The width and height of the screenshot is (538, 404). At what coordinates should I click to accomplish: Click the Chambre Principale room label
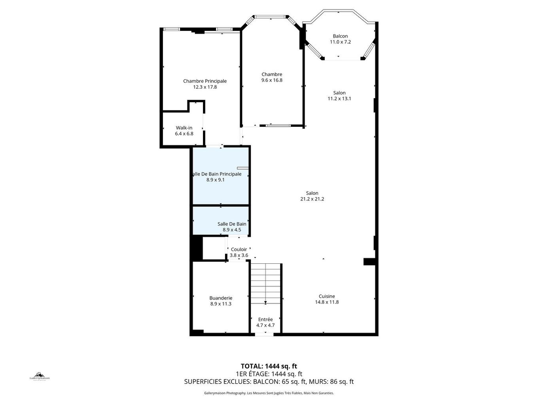click(x=205, y=81)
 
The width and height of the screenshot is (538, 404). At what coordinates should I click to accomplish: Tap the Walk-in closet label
click(x=184, y=128)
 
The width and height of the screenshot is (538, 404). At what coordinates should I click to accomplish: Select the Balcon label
click(x=340, y=36)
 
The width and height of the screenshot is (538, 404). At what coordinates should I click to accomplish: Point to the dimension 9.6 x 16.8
click(x=272, y=80)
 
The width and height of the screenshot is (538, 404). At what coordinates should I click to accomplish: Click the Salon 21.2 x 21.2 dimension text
click(x=312, y=199)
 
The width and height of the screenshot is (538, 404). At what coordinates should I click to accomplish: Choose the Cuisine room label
click(x=327, y=296)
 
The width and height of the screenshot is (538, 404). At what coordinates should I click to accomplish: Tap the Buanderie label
click(x=221, y=298)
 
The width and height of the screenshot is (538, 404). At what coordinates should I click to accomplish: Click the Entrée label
click(x=265, y=320)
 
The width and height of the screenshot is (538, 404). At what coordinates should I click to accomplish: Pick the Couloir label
click(x=239, y=250)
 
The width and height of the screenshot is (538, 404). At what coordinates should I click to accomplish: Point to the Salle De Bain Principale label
click(x=216, y=174)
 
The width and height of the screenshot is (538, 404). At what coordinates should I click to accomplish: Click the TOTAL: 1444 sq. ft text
click(x=269, y=366)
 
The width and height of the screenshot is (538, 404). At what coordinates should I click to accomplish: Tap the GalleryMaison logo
click(x=40, y=376)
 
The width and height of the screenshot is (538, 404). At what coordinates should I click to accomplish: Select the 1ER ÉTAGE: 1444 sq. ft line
click(x=269, y=374)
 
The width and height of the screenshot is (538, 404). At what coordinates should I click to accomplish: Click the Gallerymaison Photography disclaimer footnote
click(x=269, y=393)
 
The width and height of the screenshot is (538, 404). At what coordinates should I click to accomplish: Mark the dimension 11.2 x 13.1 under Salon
click(x=339, y=99)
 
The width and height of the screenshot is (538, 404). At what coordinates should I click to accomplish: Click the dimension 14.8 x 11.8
click(x=327, y=302)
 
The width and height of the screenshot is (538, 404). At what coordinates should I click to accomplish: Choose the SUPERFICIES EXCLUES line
click(x=269, y=382)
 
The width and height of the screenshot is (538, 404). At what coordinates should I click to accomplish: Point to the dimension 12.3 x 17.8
click(x=205, y=87)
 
